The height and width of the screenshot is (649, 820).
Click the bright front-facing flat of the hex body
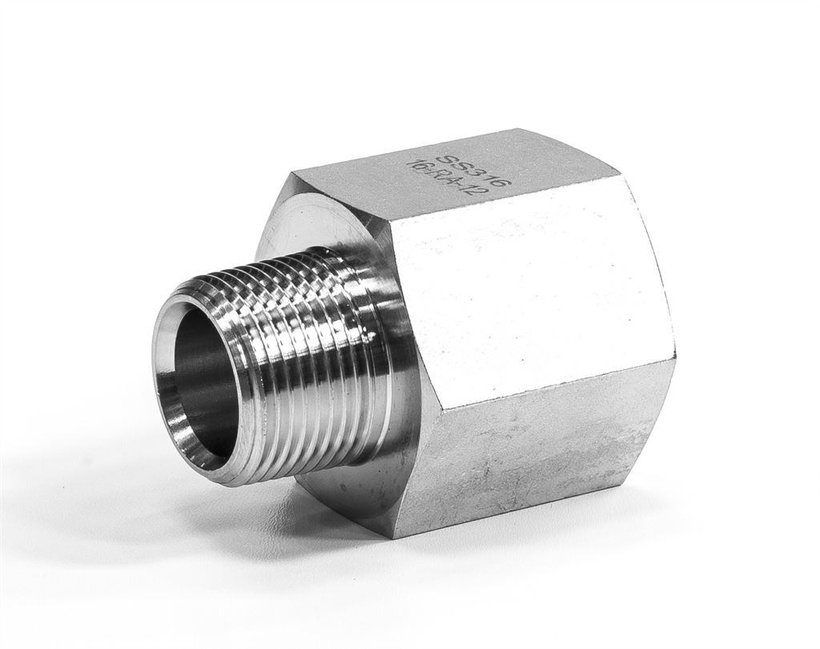529,296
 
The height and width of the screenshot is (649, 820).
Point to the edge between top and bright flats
512,196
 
